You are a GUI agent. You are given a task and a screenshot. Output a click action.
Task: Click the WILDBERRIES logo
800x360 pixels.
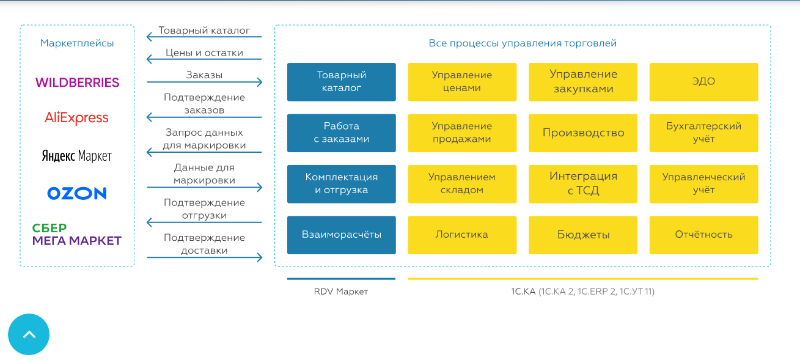point(77,83)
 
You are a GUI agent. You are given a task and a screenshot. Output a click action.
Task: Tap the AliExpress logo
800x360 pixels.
point(76,117)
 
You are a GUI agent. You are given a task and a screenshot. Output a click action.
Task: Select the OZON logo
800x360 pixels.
point(77,193)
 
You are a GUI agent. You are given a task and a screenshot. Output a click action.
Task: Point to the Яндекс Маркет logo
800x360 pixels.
point(77,156)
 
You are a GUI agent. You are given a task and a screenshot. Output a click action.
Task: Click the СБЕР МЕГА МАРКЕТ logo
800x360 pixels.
point(77,234)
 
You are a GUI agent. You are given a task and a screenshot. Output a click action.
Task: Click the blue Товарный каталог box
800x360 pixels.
point(342,82)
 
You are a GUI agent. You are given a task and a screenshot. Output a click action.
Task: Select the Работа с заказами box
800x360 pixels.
point(342,133)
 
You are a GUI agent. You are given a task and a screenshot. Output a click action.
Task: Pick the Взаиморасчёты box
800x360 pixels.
point(342,235)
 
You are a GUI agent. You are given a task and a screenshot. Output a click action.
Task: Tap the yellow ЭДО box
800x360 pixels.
point(703,82)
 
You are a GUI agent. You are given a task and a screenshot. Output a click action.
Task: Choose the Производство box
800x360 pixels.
point(583,133)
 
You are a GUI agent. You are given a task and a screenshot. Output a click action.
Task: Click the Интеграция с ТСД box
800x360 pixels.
point(583,184)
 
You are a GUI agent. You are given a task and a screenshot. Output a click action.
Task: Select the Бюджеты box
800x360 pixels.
point(583,235)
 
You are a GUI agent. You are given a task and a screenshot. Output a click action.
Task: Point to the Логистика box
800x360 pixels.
point(462,235)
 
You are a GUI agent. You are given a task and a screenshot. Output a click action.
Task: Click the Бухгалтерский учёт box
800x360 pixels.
point(703,133)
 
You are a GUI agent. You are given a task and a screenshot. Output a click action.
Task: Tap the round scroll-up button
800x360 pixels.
point(29,334)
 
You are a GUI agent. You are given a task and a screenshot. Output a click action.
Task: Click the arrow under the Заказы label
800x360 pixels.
point(205,82)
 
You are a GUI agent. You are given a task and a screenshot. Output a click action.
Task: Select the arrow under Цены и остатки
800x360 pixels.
point(204,59)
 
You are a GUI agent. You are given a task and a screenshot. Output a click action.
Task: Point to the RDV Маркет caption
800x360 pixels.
point(340,292)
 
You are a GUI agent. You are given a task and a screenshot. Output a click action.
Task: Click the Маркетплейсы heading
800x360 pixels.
point(77,43)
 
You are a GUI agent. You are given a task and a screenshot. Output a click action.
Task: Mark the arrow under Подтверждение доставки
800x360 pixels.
point(205,257)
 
